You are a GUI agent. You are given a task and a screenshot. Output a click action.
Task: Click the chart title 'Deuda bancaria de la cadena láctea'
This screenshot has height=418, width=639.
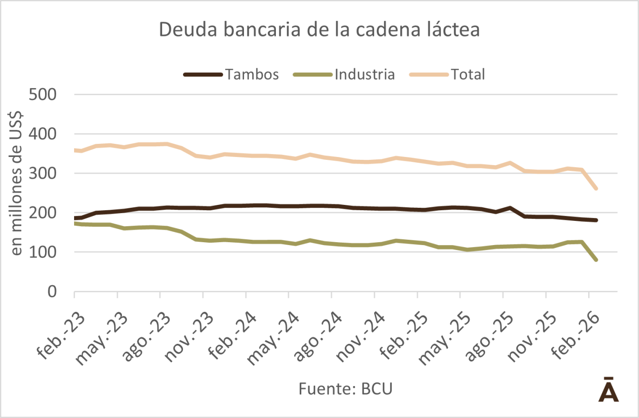click(319, 30)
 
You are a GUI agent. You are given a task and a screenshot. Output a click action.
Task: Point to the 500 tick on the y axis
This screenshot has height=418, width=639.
click(43, 94)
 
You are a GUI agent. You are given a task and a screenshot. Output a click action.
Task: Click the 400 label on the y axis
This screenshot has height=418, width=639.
click(43, 134)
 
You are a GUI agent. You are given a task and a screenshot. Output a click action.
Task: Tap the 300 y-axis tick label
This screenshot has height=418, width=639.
click(43, 173)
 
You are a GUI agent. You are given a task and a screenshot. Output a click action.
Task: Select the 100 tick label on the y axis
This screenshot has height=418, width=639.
click(43, 252)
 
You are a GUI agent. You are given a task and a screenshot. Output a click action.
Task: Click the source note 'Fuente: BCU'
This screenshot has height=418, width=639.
click(345, 389)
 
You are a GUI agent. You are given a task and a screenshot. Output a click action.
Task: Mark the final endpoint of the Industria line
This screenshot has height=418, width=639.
click(596, 260)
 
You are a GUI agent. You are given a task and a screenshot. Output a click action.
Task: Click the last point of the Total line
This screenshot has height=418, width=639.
click(596, 188)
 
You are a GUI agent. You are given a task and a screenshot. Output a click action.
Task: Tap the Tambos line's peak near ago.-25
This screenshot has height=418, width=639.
click(510, 208)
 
